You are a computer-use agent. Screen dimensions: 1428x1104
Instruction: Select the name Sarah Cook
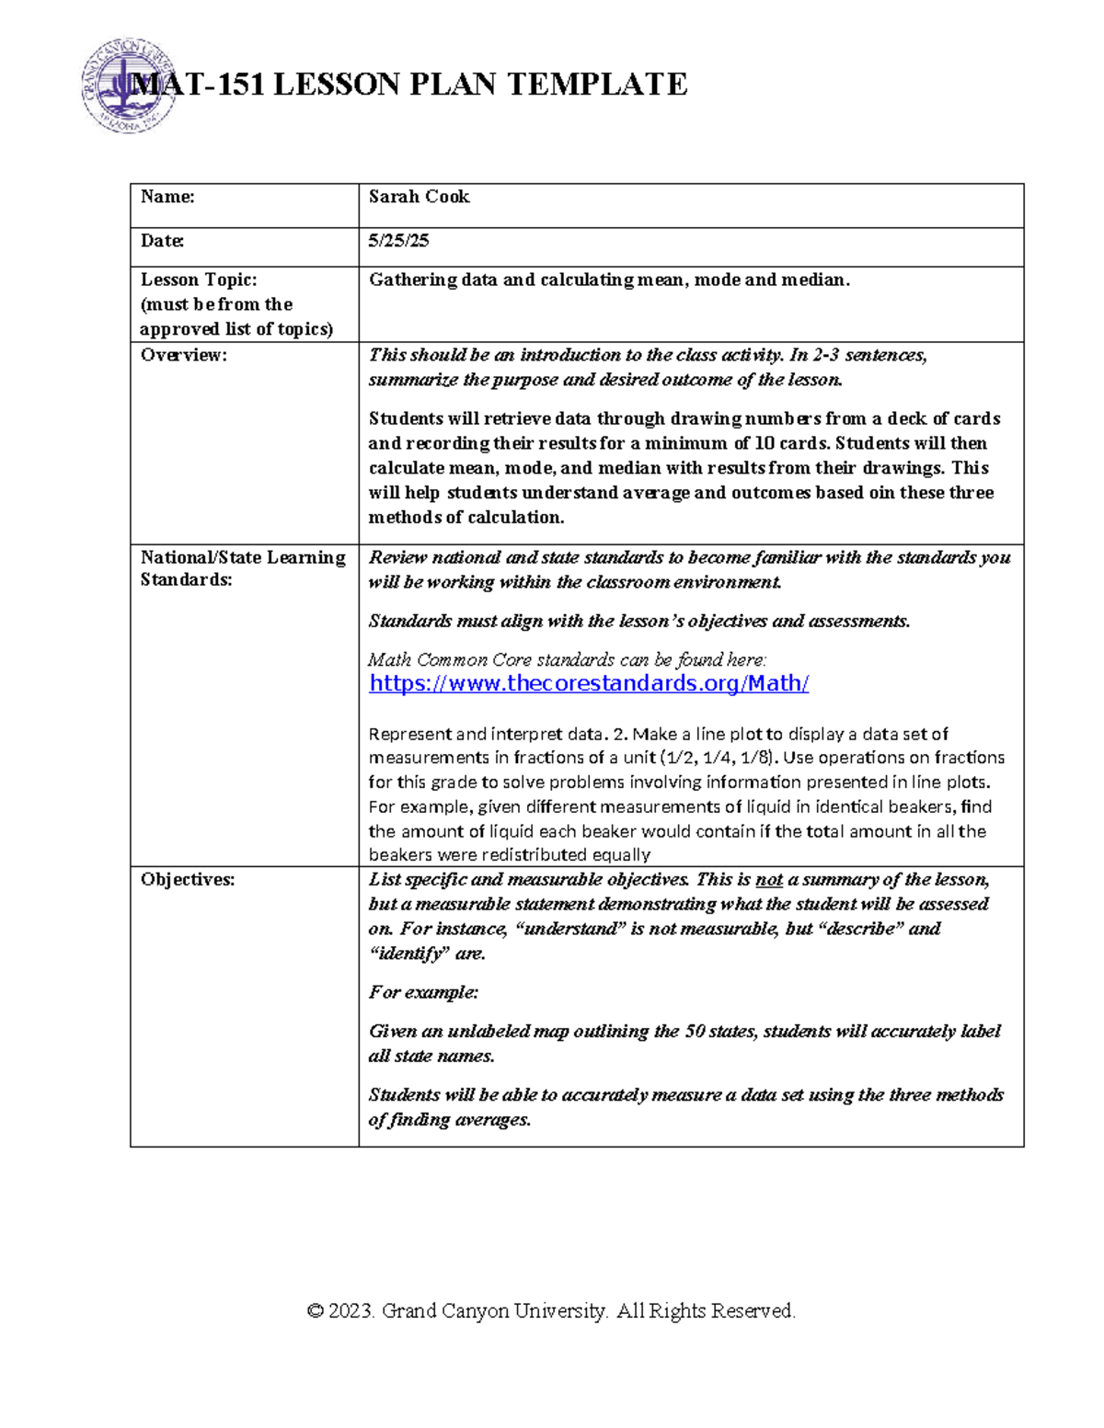pyautogui.click(x=419, y=197)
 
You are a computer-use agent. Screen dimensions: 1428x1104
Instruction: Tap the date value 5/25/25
pyautogui.click(x=398, y=241)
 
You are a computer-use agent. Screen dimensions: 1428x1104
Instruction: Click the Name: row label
pyautogui.click(x=167, y=197)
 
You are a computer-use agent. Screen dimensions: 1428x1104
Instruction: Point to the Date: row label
pyautogui.click(x=162, y=241)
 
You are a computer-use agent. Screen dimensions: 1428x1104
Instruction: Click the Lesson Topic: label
pyautogui.click(x=198, y=280)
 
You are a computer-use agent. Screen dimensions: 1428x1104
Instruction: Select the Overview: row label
pyautogui.click(x=182, y=355)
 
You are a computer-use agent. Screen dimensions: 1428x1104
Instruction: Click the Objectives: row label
pyautogui.click(x=187, y=880)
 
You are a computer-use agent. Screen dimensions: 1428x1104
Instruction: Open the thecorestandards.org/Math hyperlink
pyautogui.click(x=589, y=683)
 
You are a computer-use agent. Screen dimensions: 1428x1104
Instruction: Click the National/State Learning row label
pyautogui.click(x=243, y=557)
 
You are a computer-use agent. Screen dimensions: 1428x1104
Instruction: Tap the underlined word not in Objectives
pyautogui.click(x=769, y=880)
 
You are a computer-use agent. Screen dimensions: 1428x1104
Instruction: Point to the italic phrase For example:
pyautogui.click(x=423, y=992)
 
